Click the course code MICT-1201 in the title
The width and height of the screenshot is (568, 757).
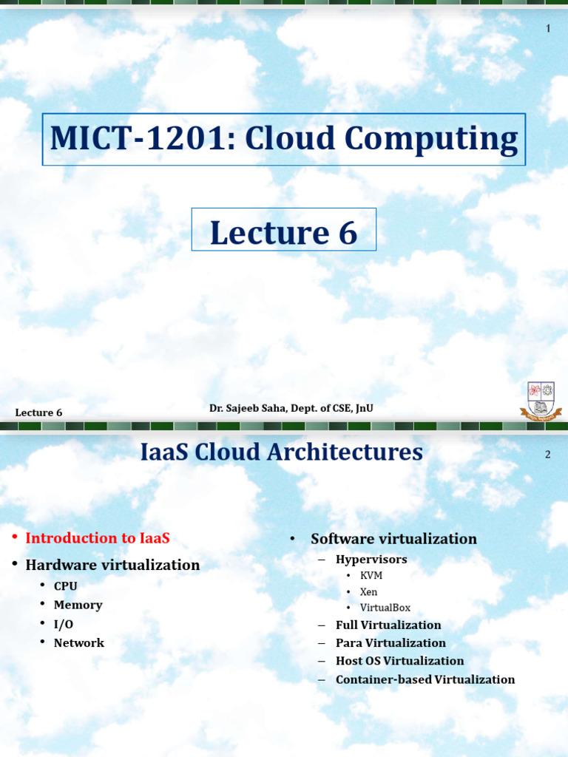(x=136, y=140)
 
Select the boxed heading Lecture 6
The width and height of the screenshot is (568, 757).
(x=284, y=232)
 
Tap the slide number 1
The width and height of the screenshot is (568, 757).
(x=548, y=29)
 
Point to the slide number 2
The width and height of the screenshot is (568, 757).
(x=548, y=455)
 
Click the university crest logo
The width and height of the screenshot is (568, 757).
(x=541, y=401)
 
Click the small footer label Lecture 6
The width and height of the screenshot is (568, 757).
(x=38, y=413)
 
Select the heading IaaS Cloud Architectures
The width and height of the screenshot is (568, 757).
(x=282, y=452)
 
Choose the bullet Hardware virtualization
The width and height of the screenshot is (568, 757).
(x=112, y=565)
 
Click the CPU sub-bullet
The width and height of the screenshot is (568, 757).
(x=66, y=586)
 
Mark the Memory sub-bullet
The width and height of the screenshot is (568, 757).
(x=78, y=605)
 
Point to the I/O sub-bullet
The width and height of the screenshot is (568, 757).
(x=64, y=624)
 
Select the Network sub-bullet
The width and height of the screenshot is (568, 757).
(x=79, y=643)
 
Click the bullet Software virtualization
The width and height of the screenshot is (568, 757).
(x=393, y=539)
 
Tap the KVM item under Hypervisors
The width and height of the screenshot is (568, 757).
(x=371, y=575)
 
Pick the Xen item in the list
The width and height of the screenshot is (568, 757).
(x=369, y=591)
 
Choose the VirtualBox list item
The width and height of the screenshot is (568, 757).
(x=385, y=608)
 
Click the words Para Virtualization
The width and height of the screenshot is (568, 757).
(x=390, y=643)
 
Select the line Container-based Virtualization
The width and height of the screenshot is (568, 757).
(x=425, y=679)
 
